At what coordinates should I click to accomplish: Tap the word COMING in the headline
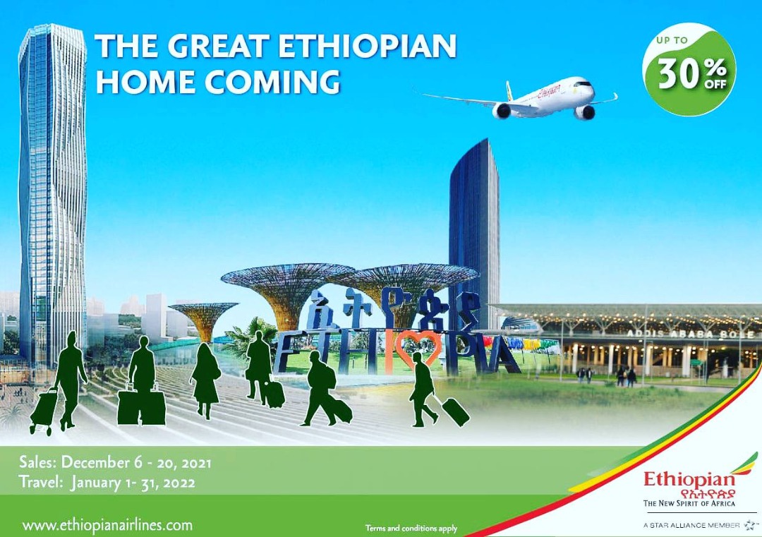click(272, 81)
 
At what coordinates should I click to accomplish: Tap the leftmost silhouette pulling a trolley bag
click(61, 383)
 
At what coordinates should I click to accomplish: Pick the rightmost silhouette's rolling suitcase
click(455, 411)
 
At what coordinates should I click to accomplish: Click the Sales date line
click(115, 462)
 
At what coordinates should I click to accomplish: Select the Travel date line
click(107, 483)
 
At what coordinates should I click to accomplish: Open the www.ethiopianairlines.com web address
click(107, 525)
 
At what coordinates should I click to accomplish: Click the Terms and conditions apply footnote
click(411, 529)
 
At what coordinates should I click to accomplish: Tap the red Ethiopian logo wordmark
click(689, 480)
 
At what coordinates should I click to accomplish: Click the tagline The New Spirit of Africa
click(689, 503)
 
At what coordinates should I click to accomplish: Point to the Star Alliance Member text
click(691, 525)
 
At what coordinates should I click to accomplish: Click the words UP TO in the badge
click(672, 40)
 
